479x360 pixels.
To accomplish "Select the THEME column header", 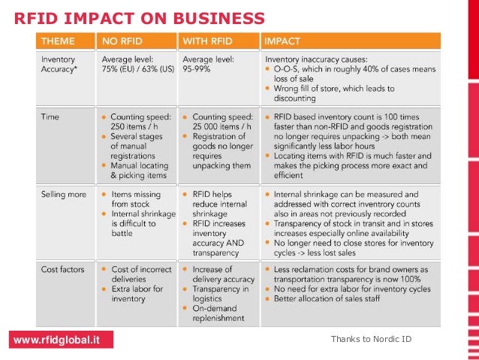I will click(x=58, y=41).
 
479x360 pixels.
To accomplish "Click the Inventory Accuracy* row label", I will click(x=58, y=62).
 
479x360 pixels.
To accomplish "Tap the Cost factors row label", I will click(x=62, y=269).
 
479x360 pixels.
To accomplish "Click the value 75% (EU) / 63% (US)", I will click(x=137, y=68).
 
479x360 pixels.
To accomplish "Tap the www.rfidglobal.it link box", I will click(x=56, y=340).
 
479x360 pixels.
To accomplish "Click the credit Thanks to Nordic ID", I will click(x=371, y=340).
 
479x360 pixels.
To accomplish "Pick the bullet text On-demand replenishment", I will click(x=218, y=313).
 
